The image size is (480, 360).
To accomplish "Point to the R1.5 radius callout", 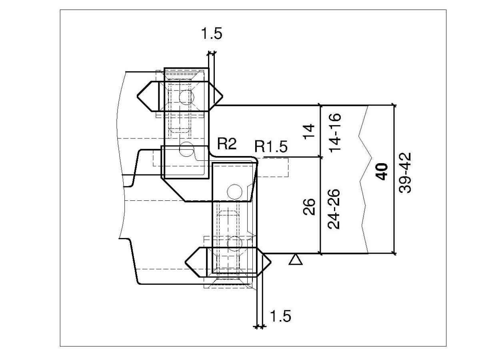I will [271, 148].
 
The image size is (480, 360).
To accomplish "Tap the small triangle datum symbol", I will [295, 260].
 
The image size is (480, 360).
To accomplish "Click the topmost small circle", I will [186, 96].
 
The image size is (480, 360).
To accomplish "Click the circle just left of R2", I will [186, 149].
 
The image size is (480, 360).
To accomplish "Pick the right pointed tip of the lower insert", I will [270, 262].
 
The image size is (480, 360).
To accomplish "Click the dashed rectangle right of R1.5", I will [274, 168].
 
